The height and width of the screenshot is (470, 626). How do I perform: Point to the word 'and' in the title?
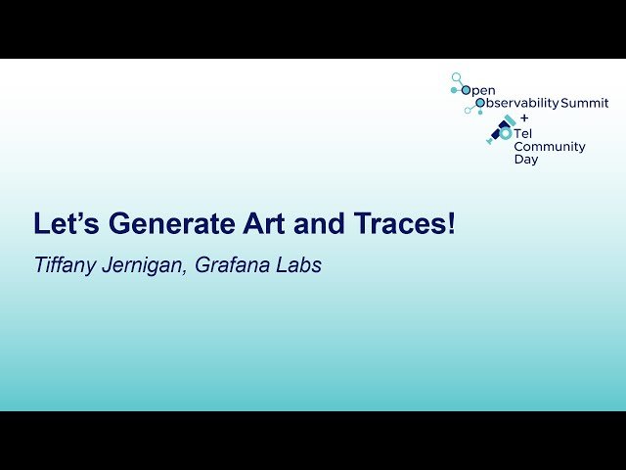point(321,224)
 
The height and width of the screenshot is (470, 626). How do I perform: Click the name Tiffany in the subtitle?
point(66,265)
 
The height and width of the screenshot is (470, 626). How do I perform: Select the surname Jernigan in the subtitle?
point(145,265)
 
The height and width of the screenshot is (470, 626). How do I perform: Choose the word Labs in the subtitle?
point(300,265)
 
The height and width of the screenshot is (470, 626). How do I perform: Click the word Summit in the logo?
point(584,103)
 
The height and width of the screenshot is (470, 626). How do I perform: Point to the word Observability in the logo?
point(515,103)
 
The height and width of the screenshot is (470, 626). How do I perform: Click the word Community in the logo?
point(550,147)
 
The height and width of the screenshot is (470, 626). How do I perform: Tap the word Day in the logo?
point(525,159)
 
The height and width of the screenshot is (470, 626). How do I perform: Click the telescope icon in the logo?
point(502,130)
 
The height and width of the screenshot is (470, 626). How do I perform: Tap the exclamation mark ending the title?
point(451,224)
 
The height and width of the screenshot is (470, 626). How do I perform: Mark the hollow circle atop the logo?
point(456,76)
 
